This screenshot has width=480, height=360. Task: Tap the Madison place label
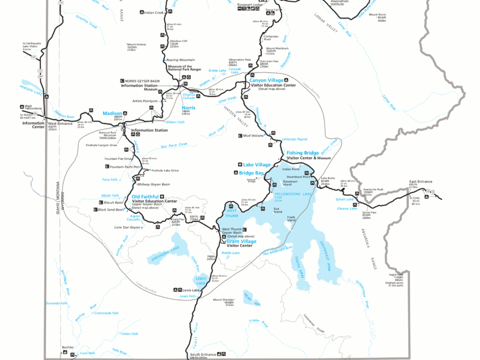(x=112, y=113)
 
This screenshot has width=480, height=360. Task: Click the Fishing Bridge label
(x=303, y=153)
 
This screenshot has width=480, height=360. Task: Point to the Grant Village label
(x=241, y=241)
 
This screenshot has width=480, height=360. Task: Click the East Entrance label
(x=421, y=181)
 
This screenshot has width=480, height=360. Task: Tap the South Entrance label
(x=203, y=353)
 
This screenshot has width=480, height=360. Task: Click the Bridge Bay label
(x=251, y=173)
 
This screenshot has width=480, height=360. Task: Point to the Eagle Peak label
(x=396, y=274)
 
